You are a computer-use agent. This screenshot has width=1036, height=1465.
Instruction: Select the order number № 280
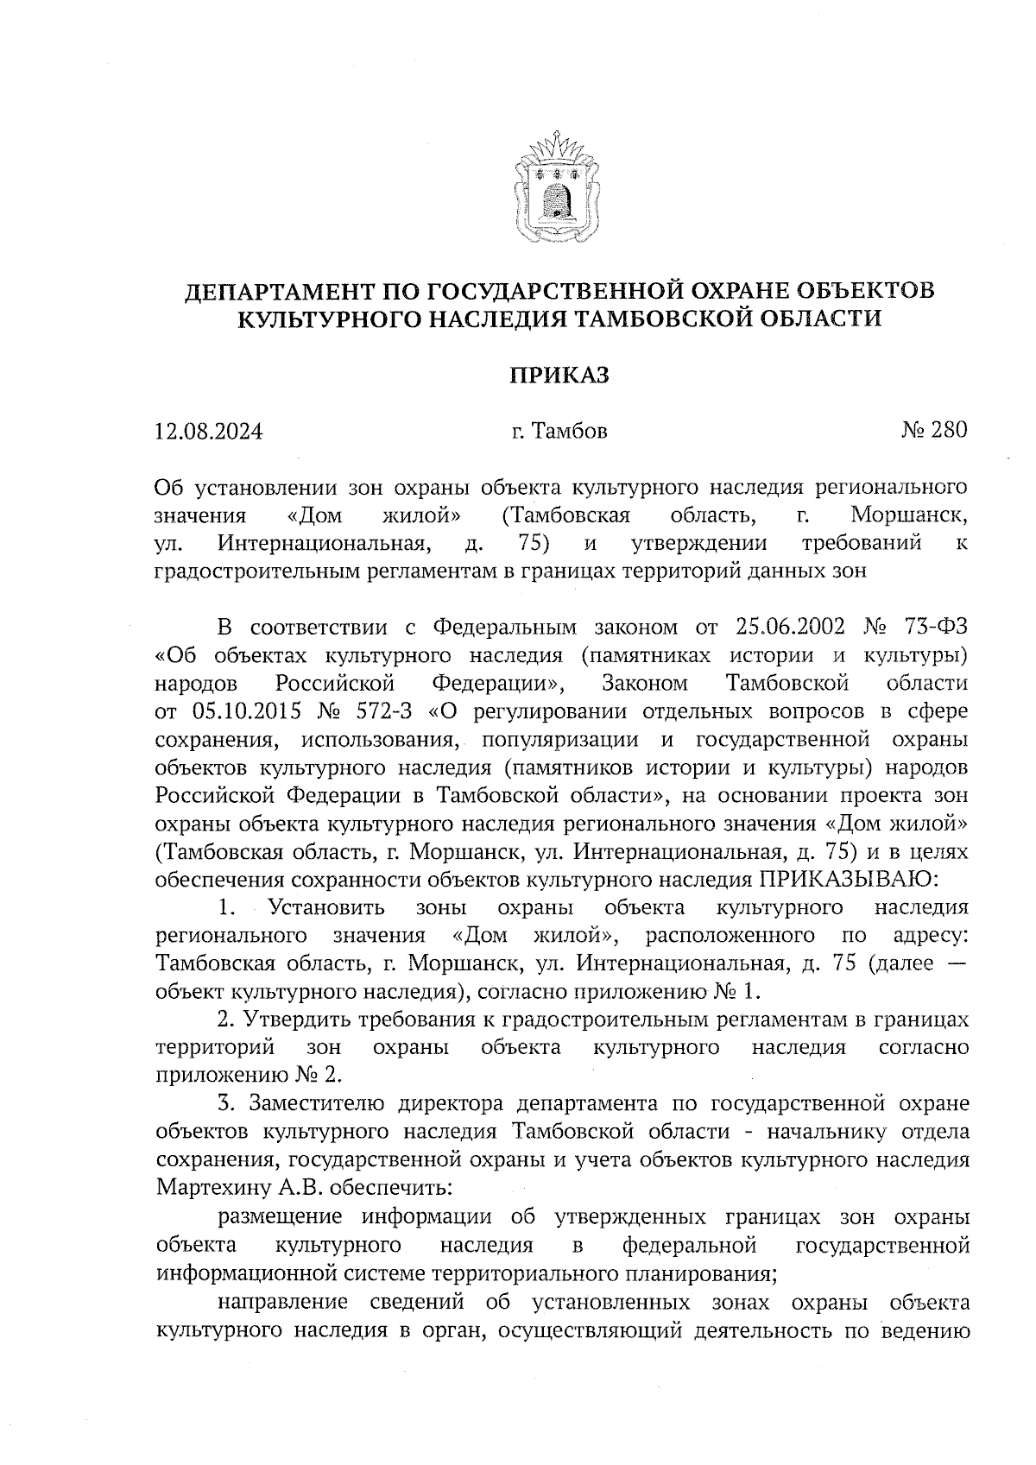click(933, 429)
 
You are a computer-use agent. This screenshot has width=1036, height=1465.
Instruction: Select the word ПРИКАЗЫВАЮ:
click(845, 880)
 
